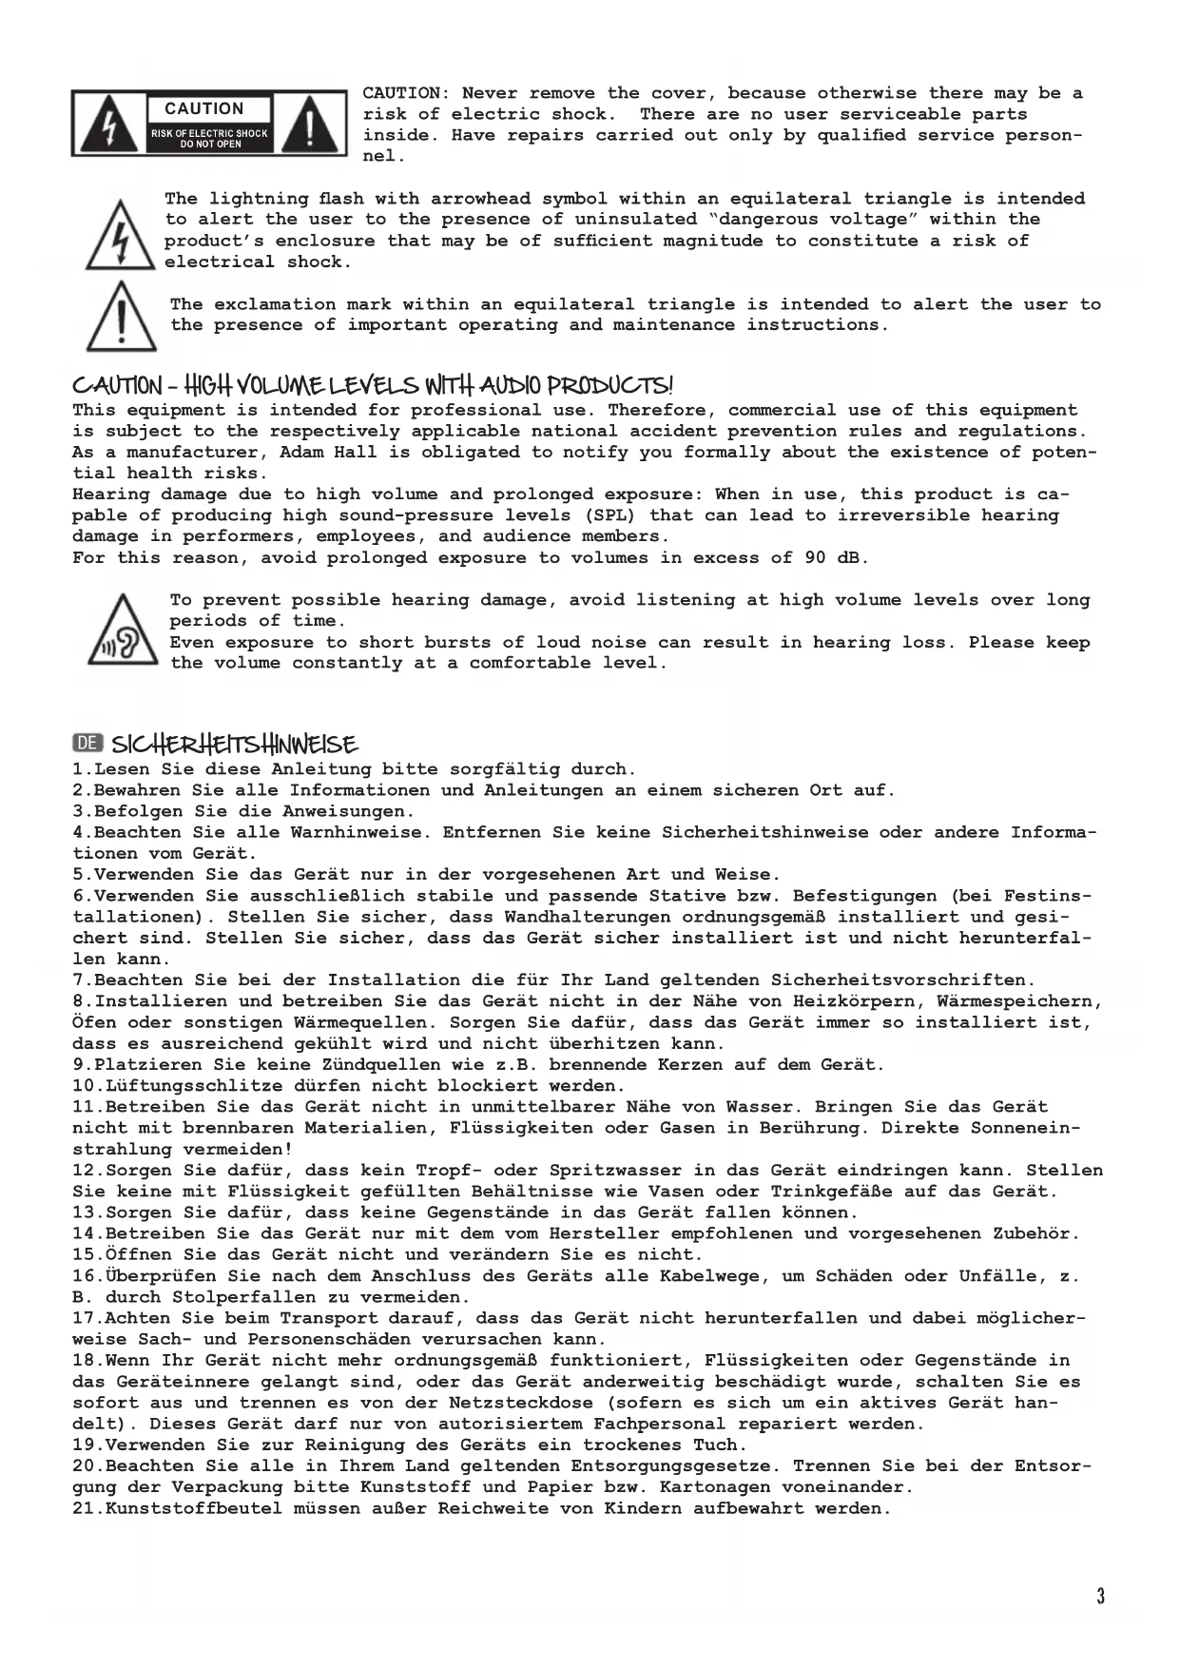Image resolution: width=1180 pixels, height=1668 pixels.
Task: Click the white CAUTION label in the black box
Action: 204,109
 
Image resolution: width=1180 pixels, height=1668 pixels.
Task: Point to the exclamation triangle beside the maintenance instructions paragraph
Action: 121,318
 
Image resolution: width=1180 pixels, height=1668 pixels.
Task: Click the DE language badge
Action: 87,743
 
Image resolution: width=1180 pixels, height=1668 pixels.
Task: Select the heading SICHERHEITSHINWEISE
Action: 234,744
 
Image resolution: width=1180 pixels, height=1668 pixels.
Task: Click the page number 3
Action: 1100,1596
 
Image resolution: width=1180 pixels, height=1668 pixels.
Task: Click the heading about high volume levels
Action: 373,386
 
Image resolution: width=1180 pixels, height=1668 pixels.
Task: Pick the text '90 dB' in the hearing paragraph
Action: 835,558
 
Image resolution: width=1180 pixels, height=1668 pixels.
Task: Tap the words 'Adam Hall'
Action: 328,453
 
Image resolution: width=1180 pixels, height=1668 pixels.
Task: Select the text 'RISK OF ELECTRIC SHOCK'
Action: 209,133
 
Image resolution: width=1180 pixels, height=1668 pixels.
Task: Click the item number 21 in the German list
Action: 83,1508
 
